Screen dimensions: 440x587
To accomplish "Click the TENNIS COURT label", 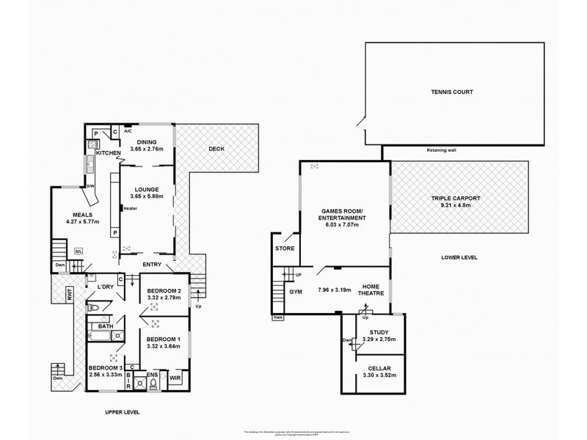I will [x=452, y=92].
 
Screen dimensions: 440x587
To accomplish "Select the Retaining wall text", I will [x=442, y=153].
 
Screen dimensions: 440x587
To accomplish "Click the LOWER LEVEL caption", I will [x=460, y=257].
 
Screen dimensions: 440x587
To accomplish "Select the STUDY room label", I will [x=379, y=332].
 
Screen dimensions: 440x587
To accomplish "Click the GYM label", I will [x=296, y=292].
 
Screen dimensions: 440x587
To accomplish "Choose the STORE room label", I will [x=285, y=249].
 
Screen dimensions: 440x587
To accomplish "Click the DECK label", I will [x=216, y=149].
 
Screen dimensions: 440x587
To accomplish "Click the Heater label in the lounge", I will [x=131, y=208].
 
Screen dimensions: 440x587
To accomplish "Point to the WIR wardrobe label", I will [x=174, y=378].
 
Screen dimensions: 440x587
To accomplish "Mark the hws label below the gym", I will [x=278, y=318].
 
